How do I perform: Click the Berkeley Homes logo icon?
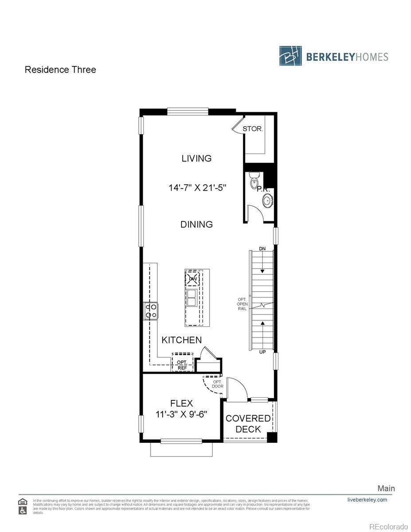(x=291, y=56)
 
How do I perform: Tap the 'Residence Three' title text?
(x=60, y=70)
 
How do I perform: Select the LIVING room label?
(x=196, y=158)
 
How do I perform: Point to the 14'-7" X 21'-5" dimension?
(x=197, y=188)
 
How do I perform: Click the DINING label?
(x=196, y=224)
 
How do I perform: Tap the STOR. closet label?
(x=253, y=129)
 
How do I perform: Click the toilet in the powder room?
(x=254, y=181)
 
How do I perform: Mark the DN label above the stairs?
(x=262, y=249)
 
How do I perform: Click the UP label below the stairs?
(x=263, y=352)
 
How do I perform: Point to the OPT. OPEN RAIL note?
(x=242, y=304)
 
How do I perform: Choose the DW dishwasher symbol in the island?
(x=192, y=279)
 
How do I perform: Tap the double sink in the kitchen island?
(x=192, y=298)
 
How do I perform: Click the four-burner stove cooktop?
(x=151, y=310)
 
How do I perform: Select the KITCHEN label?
(x=181, y=340)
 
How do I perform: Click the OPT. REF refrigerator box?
(x=182, y=365)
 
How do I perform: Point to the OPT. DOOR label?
(x=217, y=384)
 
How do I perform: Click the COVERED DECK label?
(x=248, y=424)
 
